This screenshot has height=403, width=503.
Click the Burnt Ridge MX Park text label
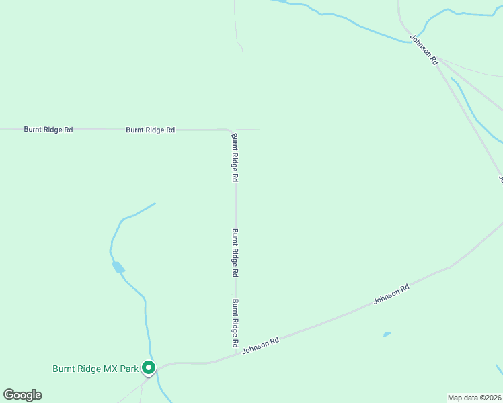pyautogui.click(x=95, y=369)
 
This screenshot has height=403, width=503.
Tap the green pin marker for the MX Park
pyautogui.click(x=149, y=368)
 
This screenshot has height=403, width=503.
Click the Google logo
pyautogui.click(x=22, y=395)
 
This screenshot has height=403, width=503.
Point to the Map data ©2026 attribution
pyautogui.click(x=475, y=397)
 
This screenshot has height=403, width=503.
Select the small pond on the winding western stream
pyautogui.click(x=118, y=267)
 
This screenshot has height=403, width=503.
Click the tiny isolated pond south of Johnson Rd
pyautogui.click(x=387, y=334)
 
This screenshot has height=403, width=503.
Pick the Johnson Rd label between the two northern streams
pyautogui.click(x=424, y=50)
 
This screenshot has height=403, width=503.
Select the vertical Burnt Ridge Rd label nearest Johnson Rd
pyautogui.click(x=236, y=323)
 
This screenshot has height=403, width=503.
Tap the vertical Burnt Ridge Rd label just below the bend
pyautogui.click(x=235, y=158)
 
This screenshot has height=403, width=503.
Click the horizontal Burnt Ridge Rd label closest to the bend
pyautogui.click(x=150, y=130)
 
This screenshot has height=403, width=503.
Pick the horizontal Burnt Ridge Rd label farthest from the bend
pyautogui.click(x=48, y=129)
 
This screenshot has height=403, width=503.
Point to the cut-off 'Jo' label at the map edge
pyautogui.click(x=500, y=178)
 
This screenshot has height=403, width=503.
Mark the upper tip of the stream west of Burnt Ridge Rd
pyautogui.click(x=155, y=204)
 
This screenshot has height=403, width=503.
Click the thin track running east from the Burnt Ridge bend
pyautogui.click(x=303, y=130)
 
